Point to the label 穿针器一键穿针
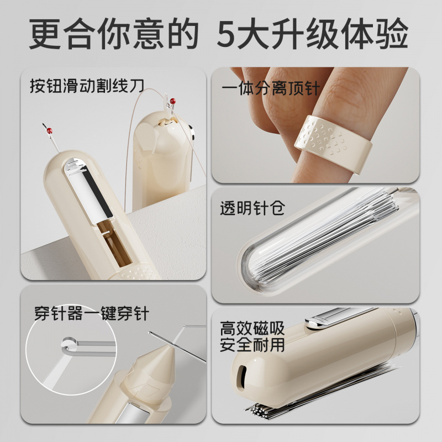coord(92,314)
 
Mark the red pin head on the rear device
coord(175,102)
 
